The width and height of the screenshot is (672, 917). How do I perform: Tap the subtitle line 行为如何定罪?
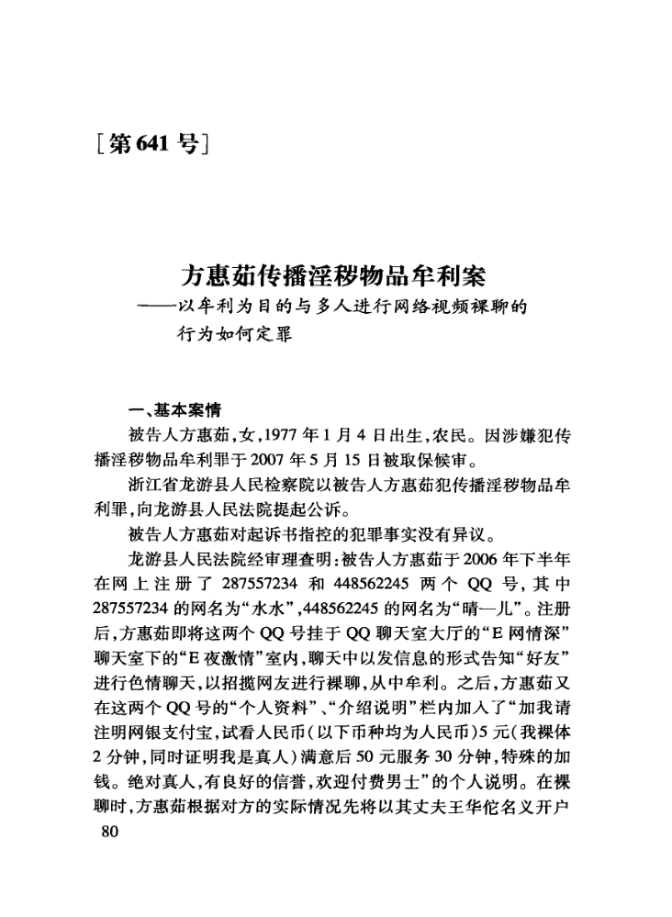[231, 334]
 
